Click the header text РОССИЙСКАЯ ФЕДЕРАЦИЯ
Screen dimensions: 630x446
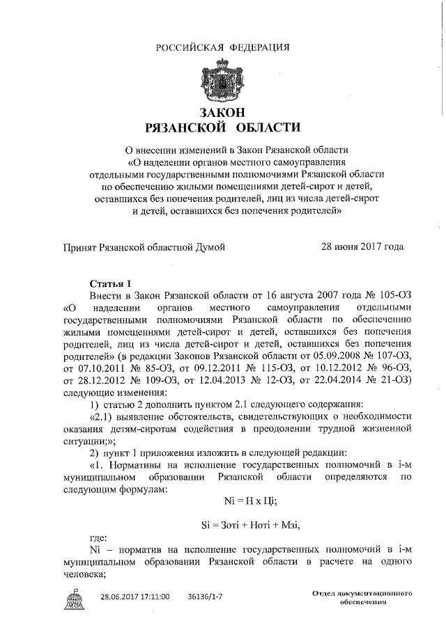point(222,47)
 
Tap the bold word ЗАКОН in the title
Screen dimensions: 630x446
point(222,112)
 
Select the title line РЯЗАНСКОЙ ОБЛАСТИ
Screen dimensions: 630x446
point(222,127)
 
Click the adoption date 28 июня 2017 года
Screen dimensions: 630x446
point(362,246)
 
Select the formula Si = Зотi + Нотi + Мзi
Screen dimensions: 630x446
point(250,524)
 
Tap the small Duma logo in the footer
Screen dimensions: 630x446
point(72,599)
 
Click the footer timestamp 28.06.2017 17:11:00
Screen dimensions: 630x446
point(137,597)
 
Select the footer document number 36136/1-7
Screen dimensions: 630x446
point(207,597)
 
